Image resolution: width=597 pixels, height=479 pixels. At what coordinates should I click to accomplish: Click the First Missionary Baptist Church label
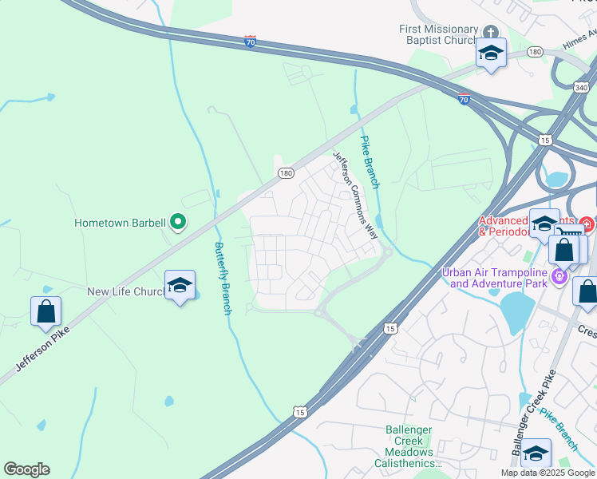[x=438, y=36]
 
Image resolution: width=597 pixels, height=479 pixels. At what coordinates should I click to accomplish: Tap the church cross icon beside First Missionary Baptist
[x=490, y=32]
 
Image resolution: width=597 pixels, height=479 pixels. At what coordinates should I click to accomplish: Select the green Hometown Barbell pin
[x=179, y=223]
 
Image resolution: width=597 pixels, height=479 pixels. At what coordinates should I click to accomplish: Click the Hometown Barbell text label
[x=120, y=223]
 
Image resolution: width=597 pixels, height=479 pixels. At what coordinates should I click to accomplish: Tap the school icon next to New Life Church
[x=180, y=286]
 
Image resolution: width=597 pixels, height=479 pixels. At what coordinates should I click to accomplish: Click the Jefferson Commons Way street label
[x=356, y=196]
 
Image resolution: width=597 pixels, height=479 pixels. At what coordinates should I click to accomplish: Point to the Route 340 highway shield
[x=582, y=87]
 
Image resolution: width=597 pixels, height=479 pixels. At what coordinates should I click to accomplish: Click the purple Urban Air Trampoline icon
[x=559, y=277]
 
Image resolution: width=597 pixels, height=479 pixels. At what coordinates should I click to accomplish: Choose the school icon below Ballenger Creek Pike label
[x=536, y=453]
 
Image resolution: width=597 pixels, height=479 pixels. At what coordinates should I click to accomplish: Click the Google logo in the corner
[x=26, y=469]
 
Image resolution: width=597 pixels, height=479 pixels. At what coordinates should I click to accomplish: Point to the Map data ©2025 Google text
[x=548, y=473]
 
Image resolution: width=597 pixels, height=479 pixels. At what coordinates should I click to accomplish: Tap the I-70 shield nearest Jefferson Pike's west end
[x=250, y=42]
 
